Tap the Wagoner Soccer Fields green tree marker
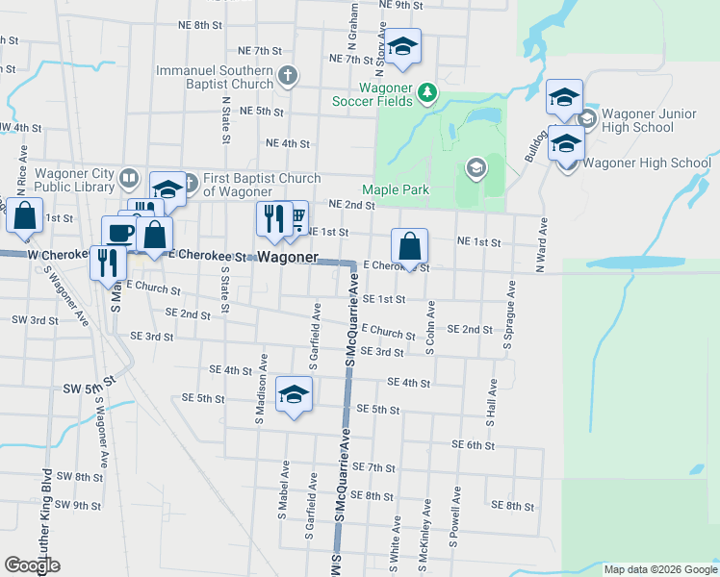point(427,93)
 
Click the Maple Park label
point(396,189)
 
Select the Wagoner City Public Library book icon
point(129,178)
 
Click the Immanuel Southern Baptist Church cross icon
point(286,75)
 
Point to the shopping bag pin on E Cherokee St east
point(409,245)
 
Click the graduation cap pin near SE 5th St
point(294,394)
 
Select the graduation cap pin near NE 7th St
point(403,46)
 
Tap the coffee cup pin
point(120,232)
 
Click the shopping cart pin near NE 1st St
point(296,219)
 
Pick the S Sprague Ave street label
point(511,314)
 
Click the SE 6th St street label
point(473,445)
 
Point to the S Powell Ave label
point(451,516)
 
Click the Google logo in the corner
point(33,565)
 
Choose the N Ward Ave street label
point(542,245)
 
